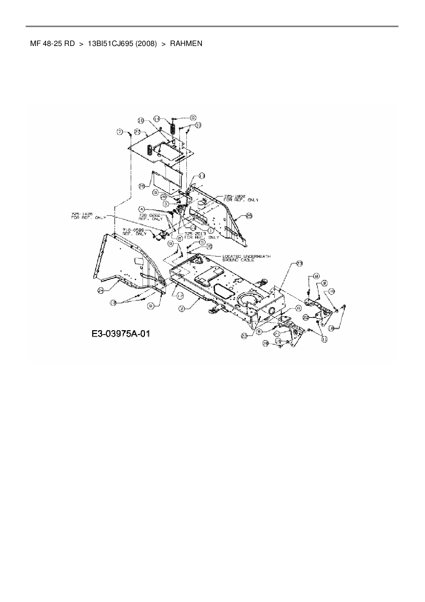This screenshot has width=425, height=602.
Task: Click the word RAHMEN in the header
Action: pos(186,44)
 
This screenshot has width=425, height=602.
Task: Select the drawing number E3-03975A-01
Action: pos(121,334)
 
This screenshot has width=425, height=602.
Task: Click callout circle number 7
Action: pos(120,132)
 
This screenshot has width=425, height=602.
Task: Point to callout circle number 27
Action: pos(138,132)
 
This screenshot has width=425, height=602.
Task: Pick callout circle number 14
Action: pos(157,118)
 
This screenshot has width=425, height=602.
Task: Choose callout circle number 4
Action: pos(142,208)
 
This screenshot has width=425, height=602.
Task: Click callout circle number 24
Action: pos(100,291)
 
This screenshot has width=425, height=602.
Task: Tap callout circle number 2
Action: pos(183,309)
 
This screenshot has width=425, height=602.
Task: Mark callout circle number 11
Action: pos(324,339)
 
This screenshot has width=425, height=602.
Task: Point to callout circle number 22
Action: pos(306,318)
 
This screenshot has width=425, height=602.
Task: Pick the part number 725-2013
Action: pos(195,233)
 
